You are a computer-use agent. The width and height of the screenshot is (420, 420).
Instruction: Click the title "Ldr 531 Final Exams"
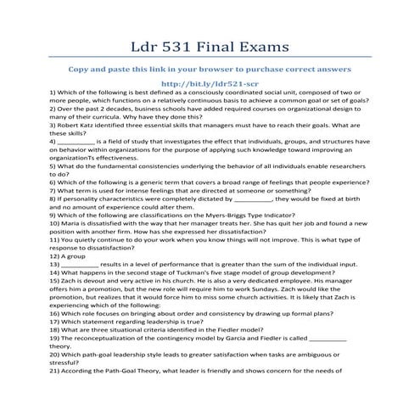pyautogui.click(x=210, y=42)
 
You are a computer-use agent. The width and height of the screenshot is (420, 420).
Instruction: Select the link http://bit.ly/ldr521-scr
pyautogui.click(x=210, y=83)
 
